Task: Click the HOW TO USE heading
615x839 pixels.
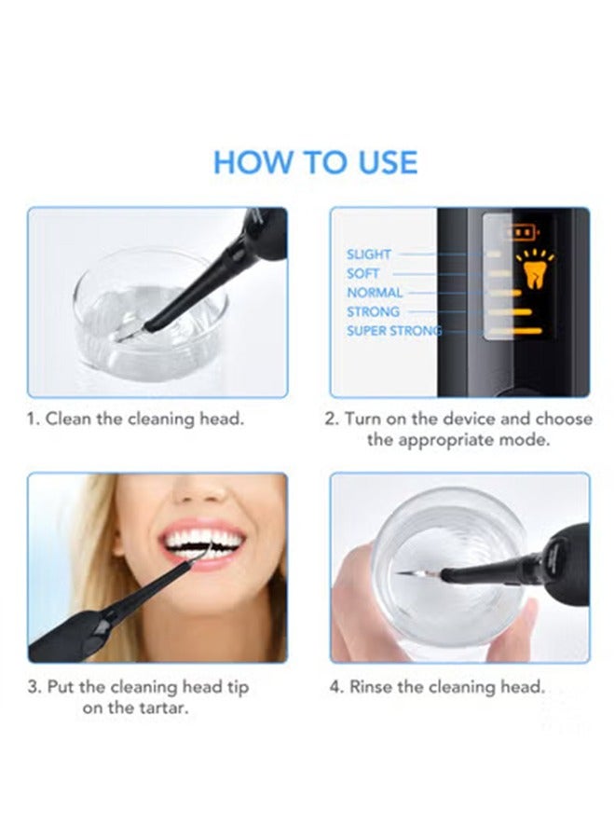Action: [x=315, y=162]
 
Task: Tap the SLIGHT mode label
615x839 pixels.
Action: [x=368, y=254]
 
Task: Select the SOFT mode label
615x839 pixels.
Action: [x=362, y=273]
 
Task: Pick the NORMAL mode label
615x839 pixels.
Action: [x=375, y=293]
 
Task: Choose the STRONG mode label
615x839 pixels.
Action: [x=373, y=311]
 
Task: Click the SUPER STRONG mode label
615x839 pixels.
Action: [x=394, y=331]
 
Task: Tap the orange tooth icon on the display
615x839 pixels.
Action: [x=534, y=274]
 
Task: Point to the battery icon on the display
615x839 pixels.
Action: [x=523, y=233]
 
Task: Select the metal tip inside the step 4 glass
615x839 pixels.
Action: [x=418, y=575]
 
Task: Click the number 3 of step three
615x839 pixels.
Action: [x=34, y=686]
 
